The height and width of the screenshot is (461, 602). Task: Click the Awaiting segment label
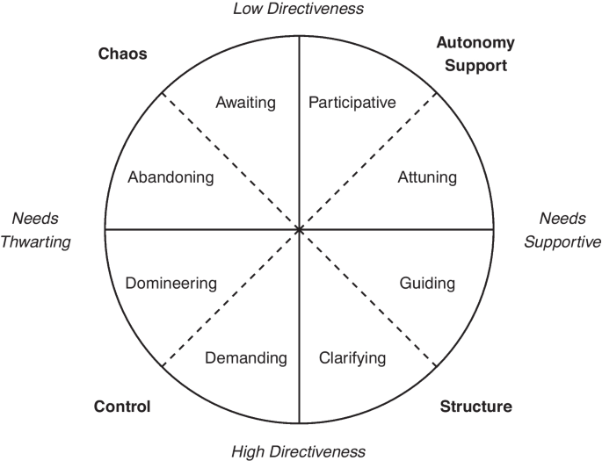tap(246, 103)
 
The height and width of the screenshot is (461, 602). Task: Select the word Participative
tap(352, 103)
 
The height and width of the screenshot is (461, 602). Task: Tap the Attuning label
tap(427, 177)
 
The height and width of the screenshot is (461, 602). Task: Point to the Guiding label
tap(427, 284)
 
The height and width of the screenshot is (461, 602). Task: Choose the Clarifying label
tap(352, 358)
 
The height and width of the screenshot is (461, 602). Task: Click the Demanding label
tap(246, 358)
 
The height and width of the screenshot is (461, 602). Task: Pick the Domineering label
tap(171, 284)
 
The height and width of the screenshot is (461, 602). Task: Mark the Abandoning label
tap(170, 177)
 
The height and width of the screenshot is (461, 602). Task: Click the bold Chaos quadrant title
tap(122, 54)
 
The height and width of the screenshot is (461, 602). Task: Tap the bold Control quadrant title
tap(122, 407)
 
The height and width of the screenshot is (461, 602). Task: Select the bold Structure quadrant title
tap(476, 407)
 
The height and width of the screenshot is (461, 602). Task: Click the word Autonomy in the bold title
tap(475, 43)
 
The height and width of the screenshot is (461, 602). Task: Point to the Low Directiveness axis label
tap(298, 9)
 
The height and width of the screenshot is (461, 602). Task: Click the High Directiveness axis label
tap(298, 451)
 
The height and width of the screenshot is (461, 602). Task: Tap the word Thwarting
tap(36, 242)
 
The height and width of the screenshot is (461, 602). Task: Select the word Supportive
tap(562, 242)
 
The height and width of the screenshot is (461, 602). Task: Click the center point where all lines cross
tap(299, 230)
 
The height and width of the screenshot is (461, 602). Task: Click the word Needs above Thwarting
tap(35, 219)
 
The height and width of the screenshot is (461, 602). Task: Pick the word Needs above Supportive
tap(562, 219)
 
